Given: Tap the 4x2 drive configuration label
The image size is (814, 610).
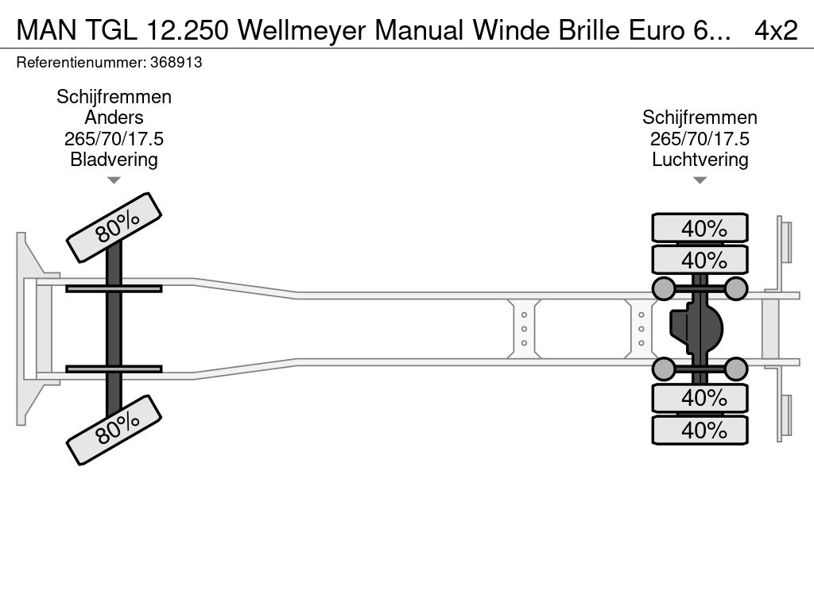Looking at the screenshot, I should pos(776,30).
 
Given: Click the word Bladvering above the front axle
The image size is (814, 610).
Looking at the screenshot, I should pos(114,159).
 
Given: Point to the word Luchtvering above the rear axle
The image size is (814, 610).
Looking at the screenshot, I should pos(700,159).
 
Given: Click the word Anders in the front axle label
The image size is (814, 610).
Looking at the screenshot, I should pos(114,118).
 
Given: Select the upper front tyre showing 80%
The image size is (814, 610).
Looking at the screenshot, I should pos(114,227).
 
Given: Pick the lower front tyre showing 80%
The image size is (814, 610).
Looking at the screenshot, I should pos(114,430).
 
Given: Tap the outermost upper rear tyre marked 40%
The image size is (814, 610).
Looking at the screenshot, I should pos(700,228).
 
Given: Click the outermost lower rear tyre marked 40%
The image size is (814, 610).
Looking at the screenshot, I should pos(700,430).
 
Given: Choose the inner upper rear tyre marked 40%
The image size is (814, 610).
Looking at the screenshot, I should pos(700,260).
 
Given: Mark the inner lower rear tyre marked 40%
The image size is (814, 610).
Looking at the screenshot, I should pos(700,397).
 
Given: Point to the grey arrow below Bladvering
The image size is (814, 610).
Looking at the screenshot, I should pos(114,180).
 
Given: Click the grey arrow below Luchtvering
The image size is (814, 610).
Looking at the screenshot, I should pos(700,180).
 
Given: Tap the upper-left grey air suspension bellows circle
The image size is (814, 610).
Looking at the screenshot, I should pos(664,288).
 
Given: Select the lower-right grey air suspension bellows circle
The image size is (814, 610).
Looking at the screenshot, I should pos(736,369).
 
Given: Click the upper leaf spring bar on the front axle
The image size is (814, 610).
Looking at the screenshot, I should pos(114,288).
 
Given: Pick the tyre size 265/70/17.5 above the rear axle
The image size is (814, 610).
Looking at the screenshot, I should pos(700,138).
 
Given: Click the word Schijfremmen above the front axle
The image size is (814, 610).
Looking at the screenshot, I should pos(114,97).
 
